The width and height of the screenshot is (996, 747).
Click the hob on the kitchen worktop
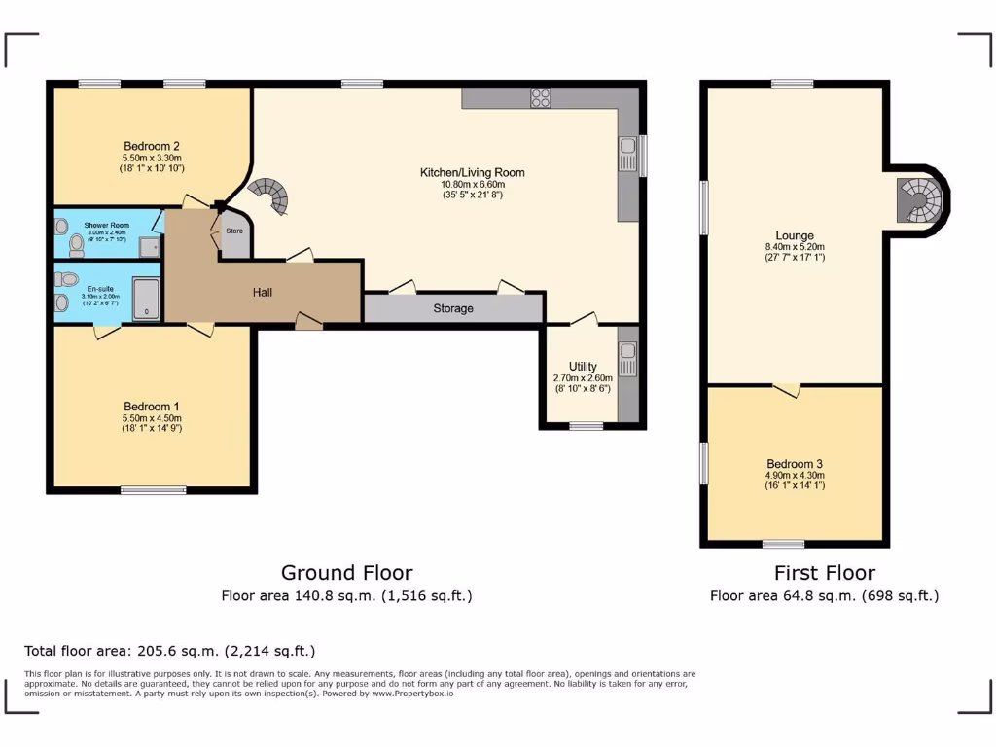pos(540,97)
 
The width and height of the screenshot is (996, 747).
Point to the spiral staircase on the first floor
pos(919,201)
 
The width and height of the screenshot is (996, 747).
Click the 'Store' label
pos(234,231)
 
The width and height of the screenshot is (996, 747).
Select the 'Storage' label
pos(453,308)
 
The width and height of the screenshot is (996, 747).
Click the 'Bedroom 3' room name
pos(794,463)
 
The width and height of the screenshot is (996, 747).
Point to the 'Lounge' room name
pos(794,235)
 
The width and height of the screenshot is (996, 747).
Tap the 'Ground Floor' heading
pos(346,573)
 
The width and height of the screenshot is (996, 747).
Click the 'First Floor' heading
pos(824,573)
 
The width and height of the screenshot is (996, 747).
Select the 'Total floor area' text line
pos(169,651)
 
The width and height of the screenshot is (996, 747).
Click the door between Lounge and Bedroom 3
pos(788,390)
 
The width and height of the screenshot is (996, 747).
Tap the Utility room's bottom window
pos(585,425)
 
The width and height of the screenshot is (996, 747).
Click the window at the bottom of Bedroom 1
pos(153,490)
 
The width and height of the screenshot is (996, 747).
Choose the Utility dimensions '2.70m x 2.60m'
pos(583,378)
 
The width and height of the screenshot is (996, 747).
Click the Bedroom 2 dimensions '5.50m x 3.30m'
pos(152,158)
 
